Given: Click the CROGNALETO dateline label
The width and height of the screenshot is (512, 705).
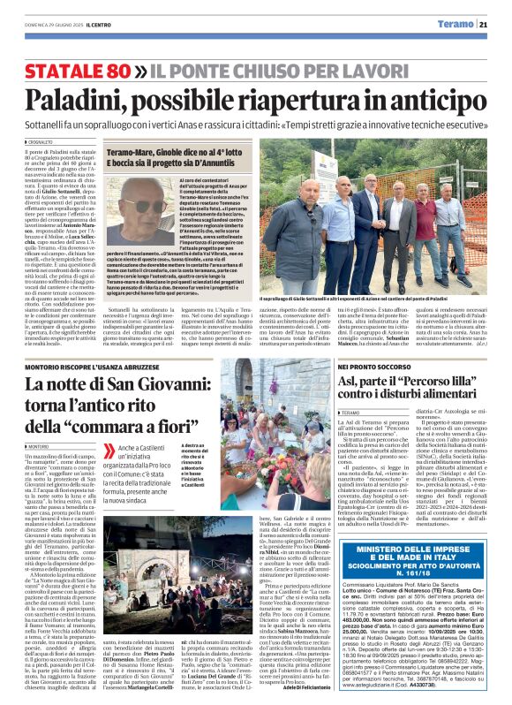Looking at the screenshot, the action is coord(40,141).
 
